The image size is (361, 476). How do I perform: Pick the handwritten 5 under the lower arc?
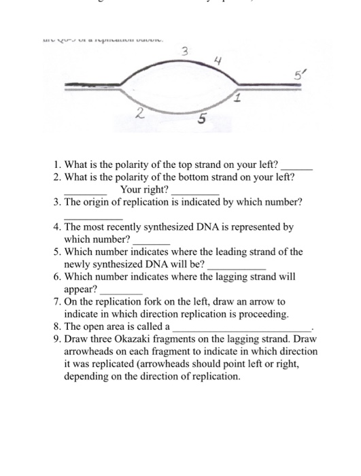click(202, 121)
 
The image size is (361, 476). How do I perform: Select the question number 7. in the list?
click(58, 301)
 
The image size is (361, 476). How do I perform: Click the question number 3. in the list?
click(58, 203)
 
